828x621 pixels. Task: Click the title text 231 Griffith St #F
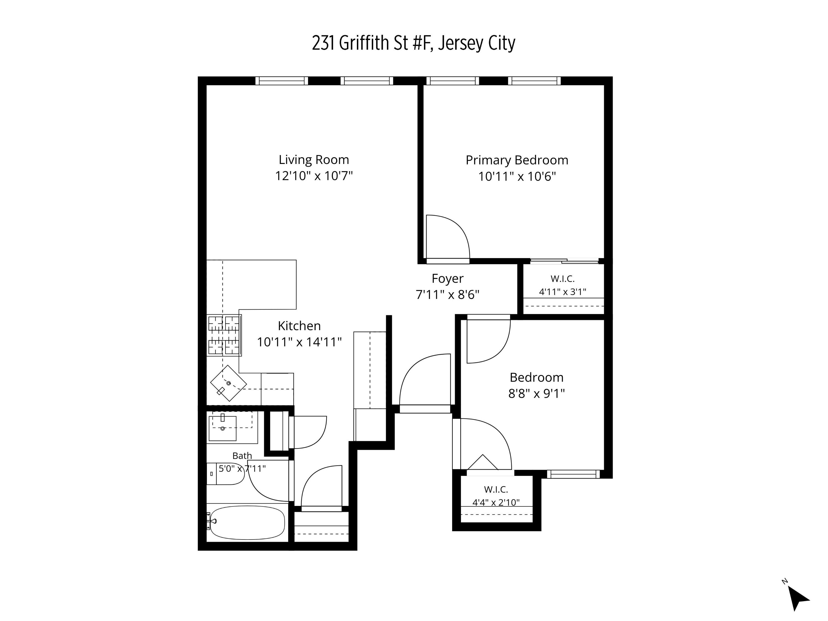click(373, 43)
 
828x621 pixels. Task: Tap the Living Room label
click(314, 160)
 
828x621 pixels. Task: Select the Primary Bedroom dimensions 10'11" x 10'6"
click(517, 176)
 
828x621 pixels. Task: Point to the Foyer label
click(447, 278)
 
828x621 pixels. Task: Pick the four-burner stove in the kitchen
click(224, 335)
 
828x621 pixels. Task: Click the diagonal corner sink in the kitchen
click(228, 383)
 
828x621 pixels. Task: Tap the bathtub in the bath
click(247, 522)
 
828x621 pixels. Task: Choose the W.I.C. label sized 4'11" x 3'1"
click(562, 285)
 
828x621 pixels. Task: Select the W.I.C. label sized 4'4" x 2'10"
click(496, 496)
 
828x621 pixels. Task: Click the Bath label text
click(242, 456)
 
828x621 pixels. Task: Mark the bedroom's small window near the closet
click(574, 474)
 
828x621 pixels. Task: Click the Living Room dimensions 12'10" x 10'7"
click(314, 176)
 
